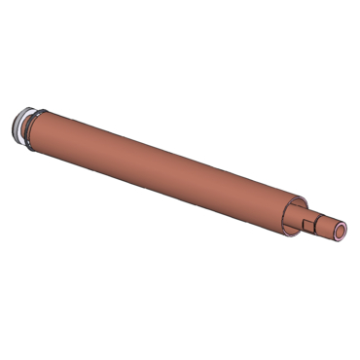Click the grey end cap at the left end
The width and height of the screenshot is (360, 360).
(x=18, y=126)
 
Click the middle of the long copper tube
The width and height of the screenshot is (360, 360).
(x=156, y=166)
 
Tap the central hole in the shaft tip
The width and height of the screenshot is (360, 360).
(x=341, y=232)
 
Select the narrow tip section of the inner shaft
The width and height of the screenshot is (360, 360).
(x=327, y=226)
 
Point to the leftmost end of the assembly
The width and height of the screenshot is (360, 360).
(x=9, y=126)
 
